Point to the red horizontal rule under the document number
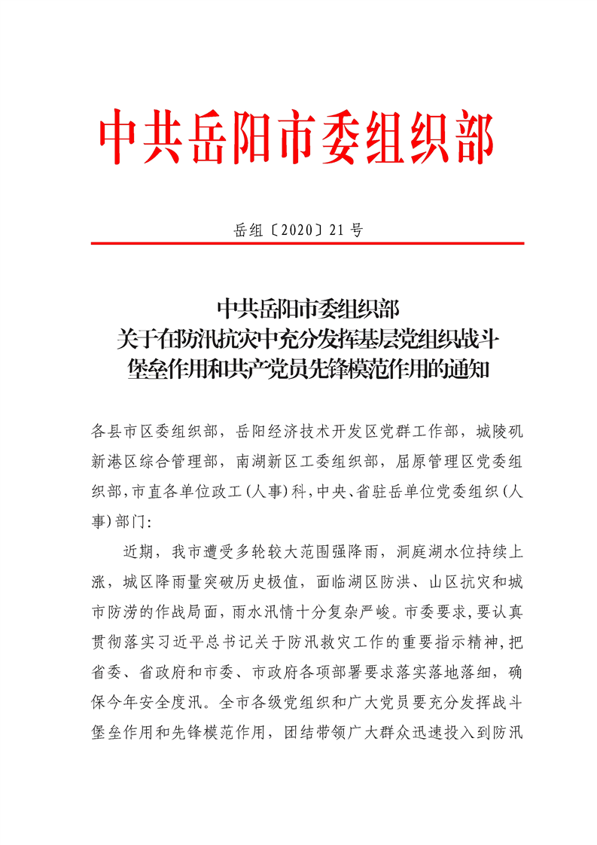pyautogui.click(x=307, y=243)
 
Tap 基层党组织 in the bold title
pyautogui.click(x=386, y=339)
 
